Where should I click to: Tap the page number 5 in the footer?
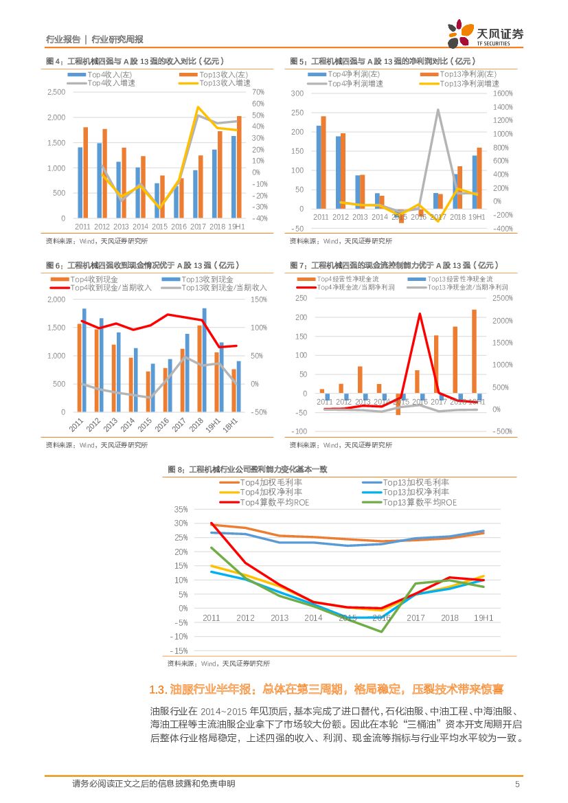517,784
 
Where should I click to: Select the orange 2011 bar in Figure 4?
86,172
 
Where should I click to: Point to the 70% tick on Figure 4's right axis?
258,92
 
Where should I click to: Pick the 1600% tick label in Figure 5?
503,93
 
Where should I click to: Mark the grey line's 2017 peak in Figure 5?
438,110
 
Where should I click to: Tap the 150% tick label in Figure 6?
259,299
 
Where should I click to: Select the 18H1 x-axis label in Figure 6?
234,424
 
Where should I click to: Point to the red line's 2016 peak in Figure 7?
419,314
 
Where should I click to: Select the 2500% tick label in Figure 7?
503,298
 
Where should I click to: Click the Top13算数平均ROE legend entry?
420,502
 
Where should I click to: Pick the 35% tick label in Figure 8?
180,510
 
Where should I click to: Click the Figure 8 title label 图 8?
177,469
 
